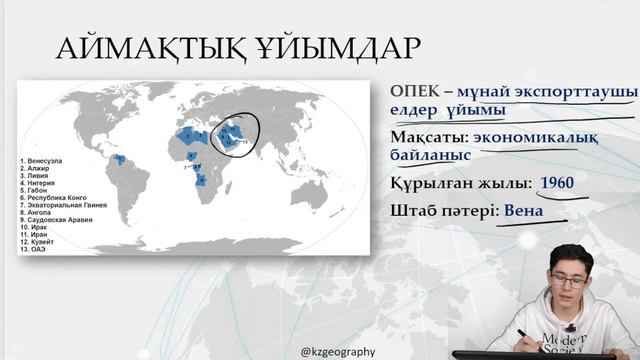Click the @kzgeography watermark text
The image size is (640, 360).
pyautogui.click(x=339, y=351)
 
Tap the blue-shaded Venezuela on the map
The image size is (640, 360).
pyautogui.click(x=117, y=159)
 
